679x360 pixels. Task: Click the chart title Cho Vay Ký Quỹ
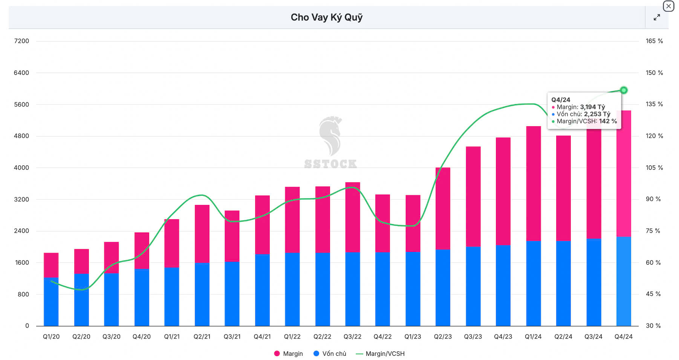point(326,17)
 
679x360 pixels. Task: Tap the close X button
point(668,6)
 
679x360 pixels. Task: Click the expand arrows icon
point(657,17)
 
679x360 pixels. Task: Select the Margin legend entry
point(289,354)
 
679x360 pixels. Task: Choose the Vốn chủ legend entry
point(330,354)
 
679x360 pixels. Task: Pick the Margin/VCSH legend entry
point(380,354)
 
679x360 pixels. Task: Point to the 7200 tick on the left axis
point(21,41)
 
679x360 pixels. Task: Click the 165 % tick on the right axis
point(654,41)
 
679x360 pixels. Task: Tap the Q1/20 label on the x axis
point(51,337)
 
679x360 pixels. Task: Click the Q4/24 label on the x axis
point(624,337)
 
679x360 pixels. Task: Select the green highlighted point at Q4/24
point(624,90)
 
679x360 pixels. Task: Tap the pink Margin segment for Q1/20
point(51,265)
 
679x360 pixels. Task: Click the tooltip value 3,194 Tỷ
point(592,107)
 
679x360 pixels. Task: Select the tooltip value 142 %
point(608,121)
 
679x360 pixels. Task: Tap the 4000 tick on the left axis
point(21,168)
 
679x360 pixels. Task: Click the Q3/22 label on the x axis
point(352,337)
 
